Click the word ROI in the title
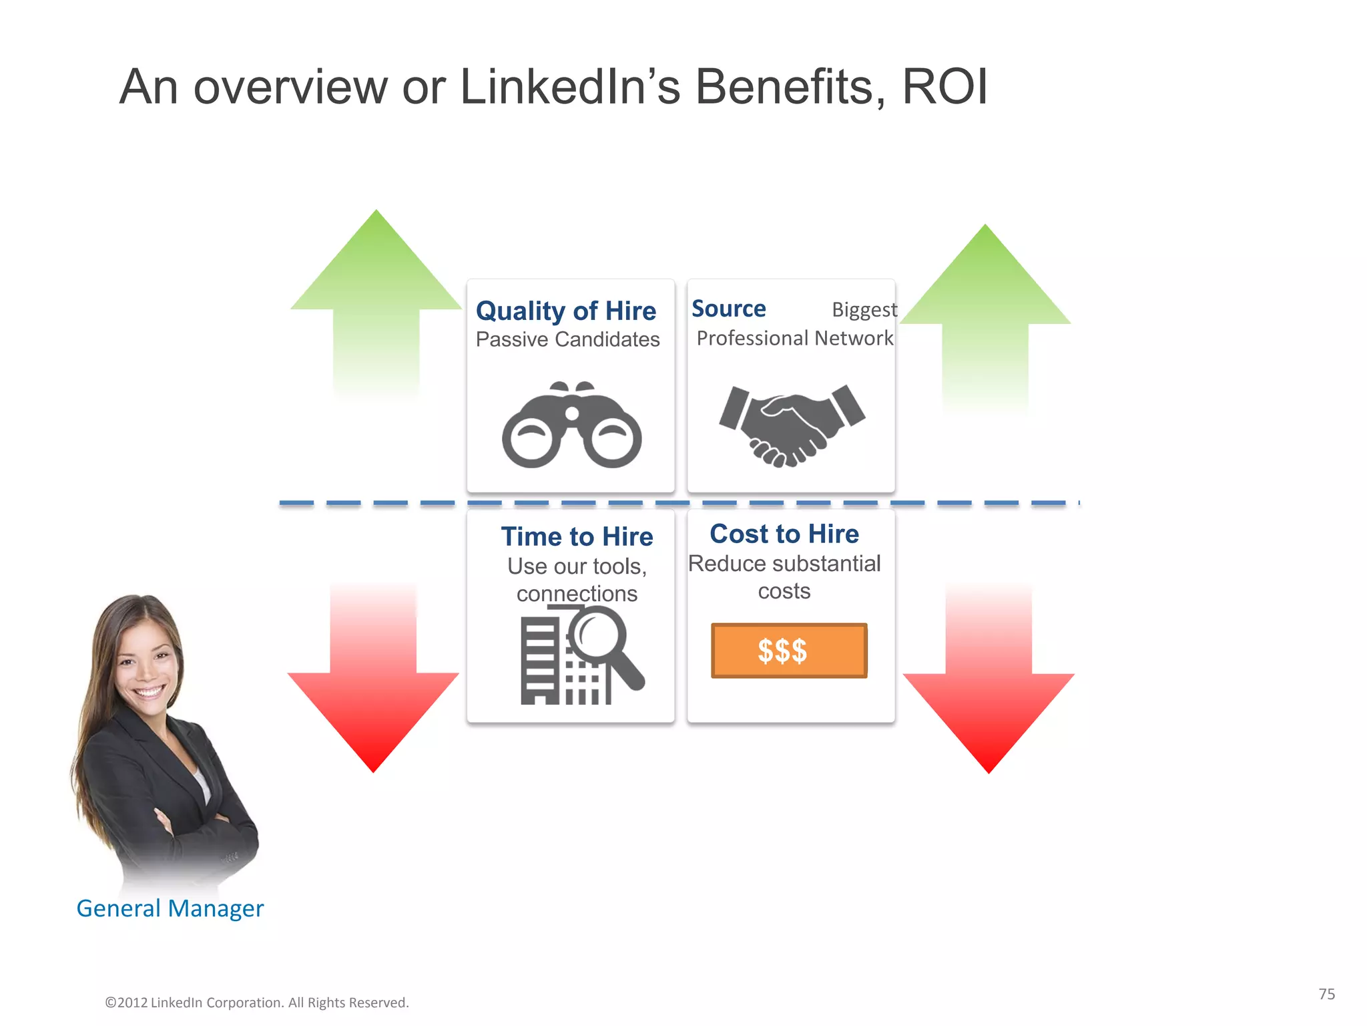point(944,87)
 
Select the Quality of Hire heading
point(565,311)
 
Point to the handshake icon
point(792,424)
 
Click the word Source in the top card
point(728,309)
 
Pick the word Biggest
point(864,310)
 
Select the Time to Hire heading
point(577,536)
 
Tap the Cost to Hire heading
point(784,534)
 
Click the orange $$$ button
point(788,651)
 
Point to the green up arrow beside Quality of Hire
point(376,301)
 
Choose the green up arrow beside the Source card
point(985,314)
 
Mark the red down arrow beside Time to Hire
point(374,688)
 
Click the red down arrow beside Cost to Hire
point(989,688)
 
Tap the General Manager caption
point(170,908)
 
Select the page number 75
point(1326,994)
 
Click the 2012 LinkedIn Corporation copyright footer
point(257,1003)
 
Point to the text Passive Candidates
point(567,339)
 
